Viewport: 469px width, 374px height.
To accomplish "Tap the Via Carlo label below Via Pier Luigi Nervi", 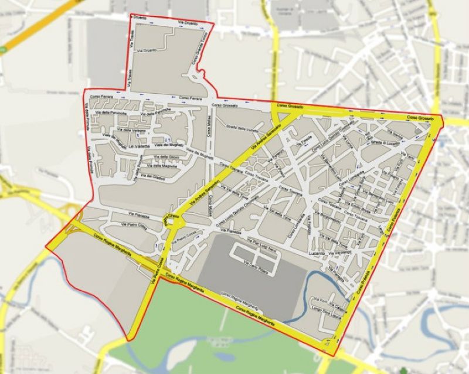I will [266, 264].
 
